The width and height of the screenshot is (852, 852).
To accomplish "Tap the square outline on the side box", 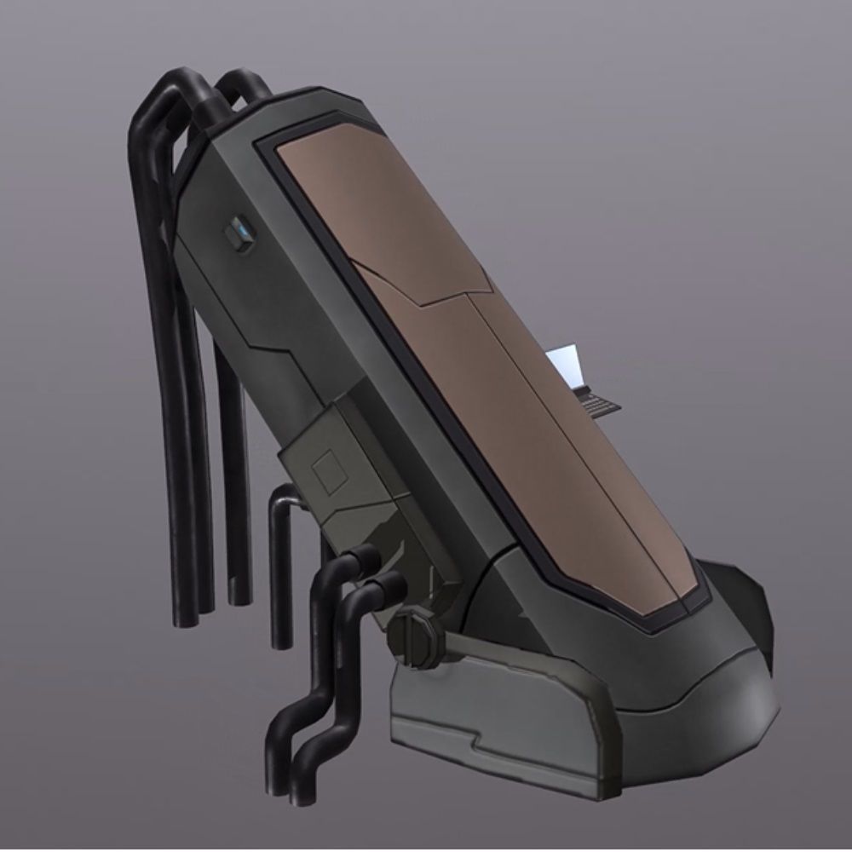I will tap(326, 470).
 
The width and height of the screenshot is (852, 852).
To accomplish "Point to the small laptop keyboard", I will tap(598, 402).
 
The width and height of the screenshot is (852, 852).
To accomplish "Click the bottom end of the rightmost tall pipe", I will tap(239, 596).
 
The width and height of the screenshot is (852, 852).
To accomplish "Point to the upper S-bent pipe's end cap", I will tap(366, 558).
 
